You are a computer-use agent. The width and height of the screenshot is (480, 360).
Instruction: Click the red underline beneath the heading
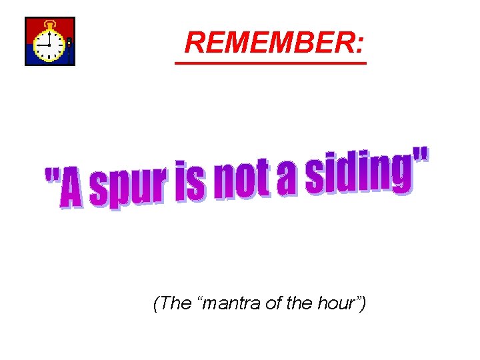270,63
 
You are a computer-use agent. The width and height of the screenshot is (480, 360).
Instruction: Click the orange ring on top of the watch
49,25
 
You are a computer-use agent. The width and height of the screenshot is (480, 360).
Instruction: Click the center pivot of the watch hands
49,46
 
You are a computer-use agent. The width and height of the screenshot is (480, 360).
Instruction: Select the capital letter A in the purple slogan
71,191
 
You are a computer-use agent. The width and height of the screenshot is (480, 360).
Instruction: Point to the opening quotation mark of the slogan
51,177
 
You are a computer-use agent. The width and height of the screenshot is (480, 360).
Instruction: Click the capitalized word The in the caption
175,304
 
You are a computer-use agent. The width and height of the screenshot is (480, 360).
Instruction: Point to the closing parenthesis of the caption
363,304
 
